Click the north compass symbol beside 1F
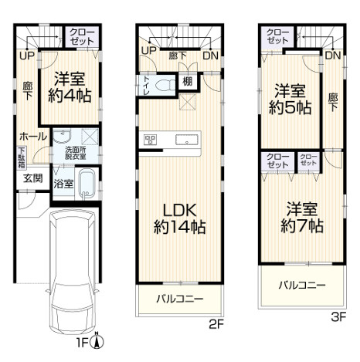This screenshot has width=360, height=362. click(97, 340)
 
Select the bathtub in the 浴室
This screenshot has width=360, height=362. click(87, 184)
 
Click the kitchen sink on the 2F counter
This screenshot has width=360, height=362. click(186, 140)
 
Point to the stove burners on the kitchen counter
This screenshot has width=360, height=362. click(151, 140)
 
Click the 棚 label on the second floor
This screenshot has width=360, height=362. click(187, 82)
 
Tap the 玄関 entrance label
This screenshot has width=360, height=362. click(33, 178)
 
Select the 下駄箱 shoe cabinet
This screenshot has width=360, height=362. click(22, 157)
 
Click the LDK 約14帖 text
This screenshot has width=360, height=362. click(180, 219)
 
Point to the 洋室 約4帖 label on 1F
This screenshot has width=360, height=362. click(70, 87)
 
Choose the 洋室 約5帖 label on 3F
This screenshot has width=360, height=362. click(290, 100)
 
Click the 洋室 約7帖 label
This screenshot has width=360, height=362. click(302, 218)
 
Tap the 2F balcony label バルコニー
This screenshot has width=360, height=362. click(180, 299)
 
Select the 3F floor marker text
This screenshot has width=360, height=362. click(338, 316)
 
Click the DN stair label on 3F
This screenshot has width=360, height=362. click(333, 56)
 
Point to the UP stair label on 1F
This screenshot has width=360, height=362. click(27, 56)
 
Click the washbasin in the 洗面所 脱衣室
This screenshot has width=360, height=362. click(62, 136)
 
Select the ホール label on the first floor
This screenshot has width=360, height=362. click(33, 137)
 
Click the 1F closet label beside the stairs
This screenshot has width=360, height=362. click(82, 37)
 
